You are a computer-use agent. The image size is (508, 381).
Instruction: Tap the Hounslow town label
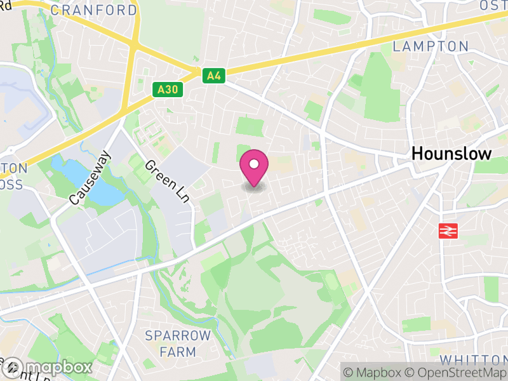click(451, 154)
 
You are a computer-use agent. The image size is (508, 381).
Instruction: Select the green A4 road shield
click(214, 76)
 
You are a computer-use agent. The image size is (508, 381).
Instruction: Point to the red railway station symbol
click(448, 231)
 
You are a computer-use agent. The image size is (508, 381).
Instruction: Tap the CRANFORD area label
click(93, 11)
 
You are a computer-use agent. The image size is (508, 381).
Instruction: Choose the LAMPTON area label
click(430, 46)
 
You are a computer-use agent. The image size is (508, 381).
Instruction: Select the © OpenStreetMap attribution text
click(458, 371)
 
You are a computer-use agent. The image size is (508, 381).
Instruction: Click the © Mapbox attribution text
click(373, 371)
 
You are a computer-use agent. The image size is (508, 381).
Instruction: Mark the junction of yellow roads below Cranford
click(134, 44)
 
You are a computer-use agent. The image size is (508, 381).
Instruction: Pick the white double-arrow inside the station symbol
click(448, 231)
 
